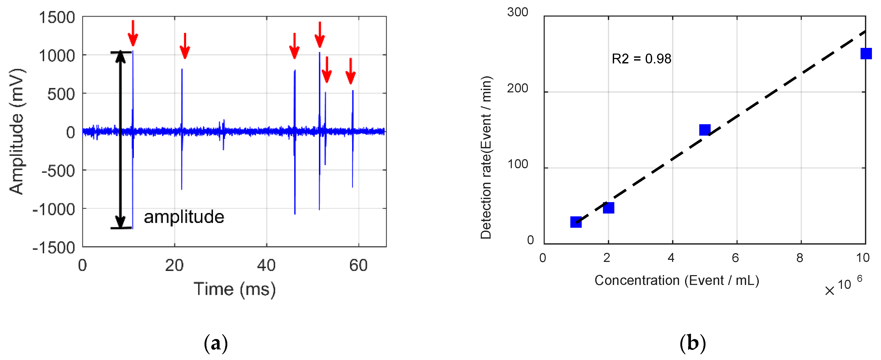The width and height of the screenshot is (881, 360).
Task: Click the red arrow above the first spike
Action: click(133, 33)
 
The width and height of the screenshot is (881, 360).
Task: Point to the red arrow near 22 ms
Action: click(185, 46)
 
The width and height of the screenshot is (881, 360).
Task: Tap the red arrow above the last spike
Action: click(351, 71)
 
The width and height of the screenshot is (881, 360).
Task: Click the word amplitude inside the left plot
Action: click(184, 217)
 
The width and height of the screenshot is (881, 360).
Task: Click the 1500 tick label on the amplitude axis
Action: click(57, 17)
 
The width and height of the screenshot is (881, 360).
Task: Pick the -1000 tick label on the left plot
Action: click(54, 209)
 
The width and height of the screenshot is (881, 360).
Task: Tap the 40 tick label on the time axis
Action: click(266, 265)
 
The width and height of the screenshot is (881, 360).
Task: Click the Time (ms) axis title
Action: click(234, 289)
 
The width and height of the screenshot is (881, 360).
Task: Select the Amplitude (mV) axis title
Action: click(16, 132)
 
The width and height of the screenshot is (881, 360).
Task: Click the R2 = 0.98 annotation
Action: click(641, 59)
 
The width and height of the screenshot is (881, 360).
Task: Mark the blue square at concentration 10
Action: click(866, 54)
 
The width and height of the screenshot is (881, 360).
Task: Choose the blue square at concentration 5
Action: click(704, 130)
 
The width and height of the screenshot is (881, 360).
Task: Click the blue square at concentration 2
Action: click(608, 208)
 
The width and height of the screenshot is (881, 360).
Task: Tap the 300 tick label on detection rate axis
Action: click(518, 12)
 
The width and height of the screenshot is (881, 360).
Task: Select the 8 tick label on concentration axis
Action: click(800, 258)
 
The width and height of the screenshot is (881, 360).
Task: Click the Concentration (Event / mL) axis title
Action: click(676, 280)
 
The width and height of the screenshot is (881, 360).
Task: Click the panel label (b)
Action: click(693, 343)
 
